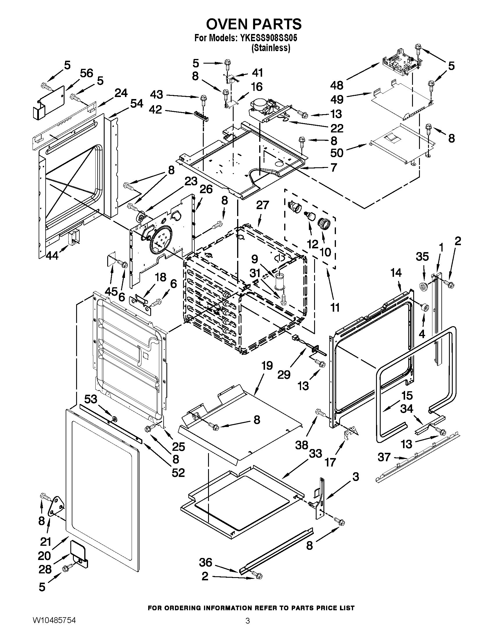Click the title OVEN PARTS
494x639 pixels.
click(x=253, y=24)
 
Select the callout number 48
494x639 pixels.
click(x=337, y=85)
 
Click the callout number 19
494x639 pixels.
click(x=267, y=366)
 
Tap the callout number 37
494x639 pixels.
click(x=384, y=457)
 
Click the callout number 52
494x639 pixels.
click(x=178, y=473)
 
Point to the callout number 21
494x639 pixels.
click(x=46, y=542)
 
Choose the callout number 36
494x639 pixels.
click(x=206, y=562)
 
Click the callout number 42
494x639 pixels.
click(x=155, y=110)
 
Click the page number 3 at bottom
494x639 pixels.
click(x=247, y=628)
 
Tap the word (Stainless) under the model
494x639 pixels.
click(x=271, y=48)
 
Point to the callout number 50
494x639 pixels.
click(x=337, y=152)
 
